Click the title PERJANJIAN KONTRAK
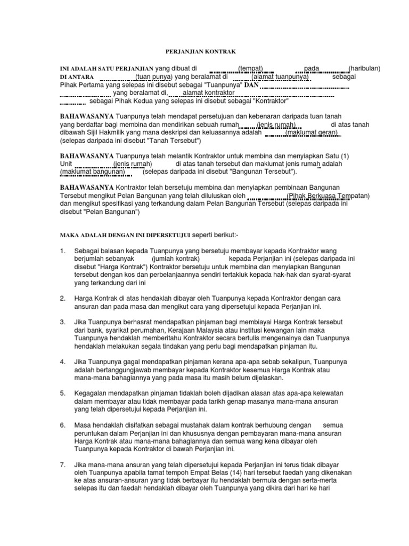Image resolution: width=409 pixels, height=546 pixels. tap(198, 51)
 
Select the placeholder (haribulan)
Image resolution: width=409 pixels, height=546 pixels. tap(364, 69)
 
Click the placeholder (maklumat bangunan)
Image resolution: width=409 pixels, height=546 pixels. tap(93, 172)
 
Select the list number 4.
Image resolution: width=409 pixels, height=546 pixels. tap(62, 362)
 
